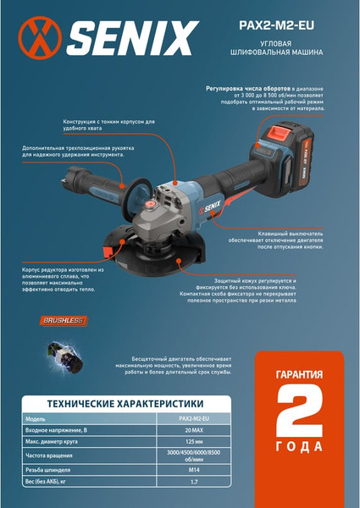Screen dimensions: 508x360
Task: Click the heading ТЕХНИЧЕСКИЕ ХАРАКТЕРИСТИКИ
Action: [x=125, y=403]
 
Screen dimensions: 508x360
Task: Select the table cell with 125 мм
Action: [x=194, y=442]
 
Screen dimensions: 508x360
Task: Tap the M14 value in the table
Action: [x=194, y=469]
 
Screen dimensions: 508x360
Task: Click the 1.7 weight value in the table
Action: [x=194, y=482]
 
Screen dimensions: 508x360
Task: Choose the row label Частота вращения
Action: [x=67, y=456]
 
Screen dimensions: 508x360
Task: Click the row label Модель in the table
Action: [x=58, y=418]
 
